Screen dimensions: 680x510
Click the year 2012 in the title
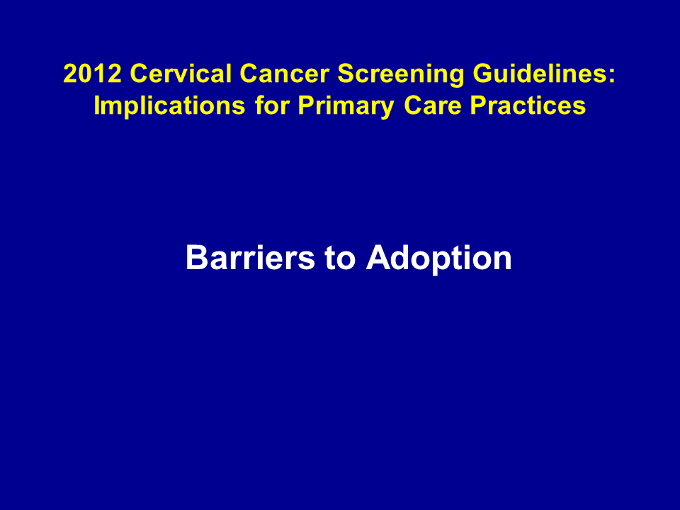point(92,73)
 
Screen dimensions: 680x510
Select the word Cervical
point(181,73)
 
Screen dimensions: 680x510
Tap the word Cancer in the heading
point(285,73)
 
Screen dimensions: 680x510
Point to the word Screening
point(401,75)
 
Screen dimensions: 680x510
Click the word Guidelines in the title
point(540,75)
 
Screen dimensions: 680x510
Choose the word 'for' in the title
point(272,106)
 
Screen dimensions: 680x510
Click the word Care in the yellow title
point(432,106)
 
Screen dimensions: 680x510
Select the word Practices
point(528,106)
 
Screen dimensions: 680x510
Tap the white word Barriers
point(250,258)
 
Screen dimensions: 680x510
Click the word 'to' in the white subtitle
point(340,259)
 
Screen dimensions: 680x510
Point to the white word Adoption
point(438,259)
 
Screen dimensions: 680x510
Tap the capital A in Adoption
point(378,258)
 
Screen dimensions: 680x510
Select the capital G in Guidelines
point(482,73)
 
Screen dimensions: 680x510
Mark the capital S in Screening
point(346,73)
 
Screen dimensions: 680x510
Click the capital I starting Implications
point(97,106)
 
